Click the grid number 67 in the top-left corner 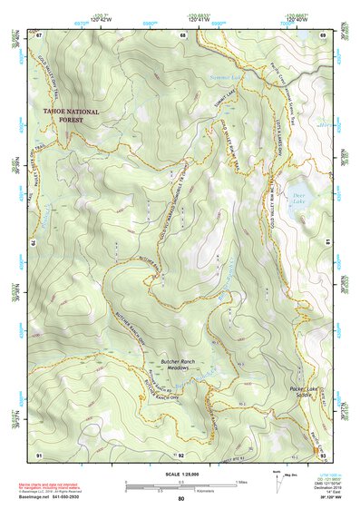(x=39, y=35)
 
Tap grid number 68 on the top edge (x=182, y=35)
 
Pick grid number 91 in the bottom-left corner (x=39, y=454)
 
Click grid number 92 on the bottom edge (x=181, y=454)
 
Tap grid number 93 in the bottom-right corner (x=325, y=454)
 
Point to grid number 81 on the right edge (x=327, y=243)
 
